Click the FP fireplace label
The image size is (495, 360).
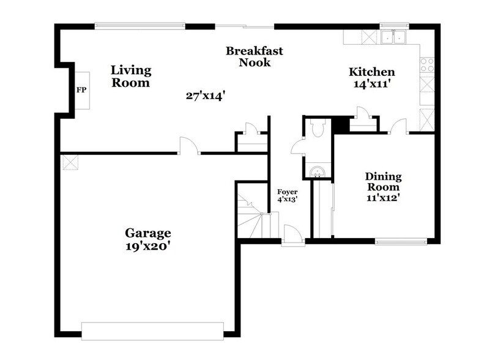(x=81, y=91)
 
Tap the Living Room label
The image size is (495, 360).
(x=130, y=77)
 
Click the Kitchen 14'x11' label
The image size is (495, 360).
(x=371, y=78)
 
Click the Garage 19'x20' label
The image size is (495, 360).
(x=148, y=239)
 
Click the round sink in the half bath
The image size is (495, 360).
(x=318, y=169)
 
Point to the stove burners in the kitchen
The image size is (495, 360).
(x=426, y=62)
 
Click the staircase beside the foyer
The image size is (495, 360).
(x=251, y=217)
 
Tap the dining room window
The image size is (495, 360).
(x=401, y=241)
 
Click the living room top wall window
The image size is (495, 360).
(x=140, y=26)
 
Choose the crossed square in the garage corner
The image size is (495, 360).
(x=70, y=162)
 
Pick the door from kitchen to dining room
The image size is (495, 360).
(x=399, y=126)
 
